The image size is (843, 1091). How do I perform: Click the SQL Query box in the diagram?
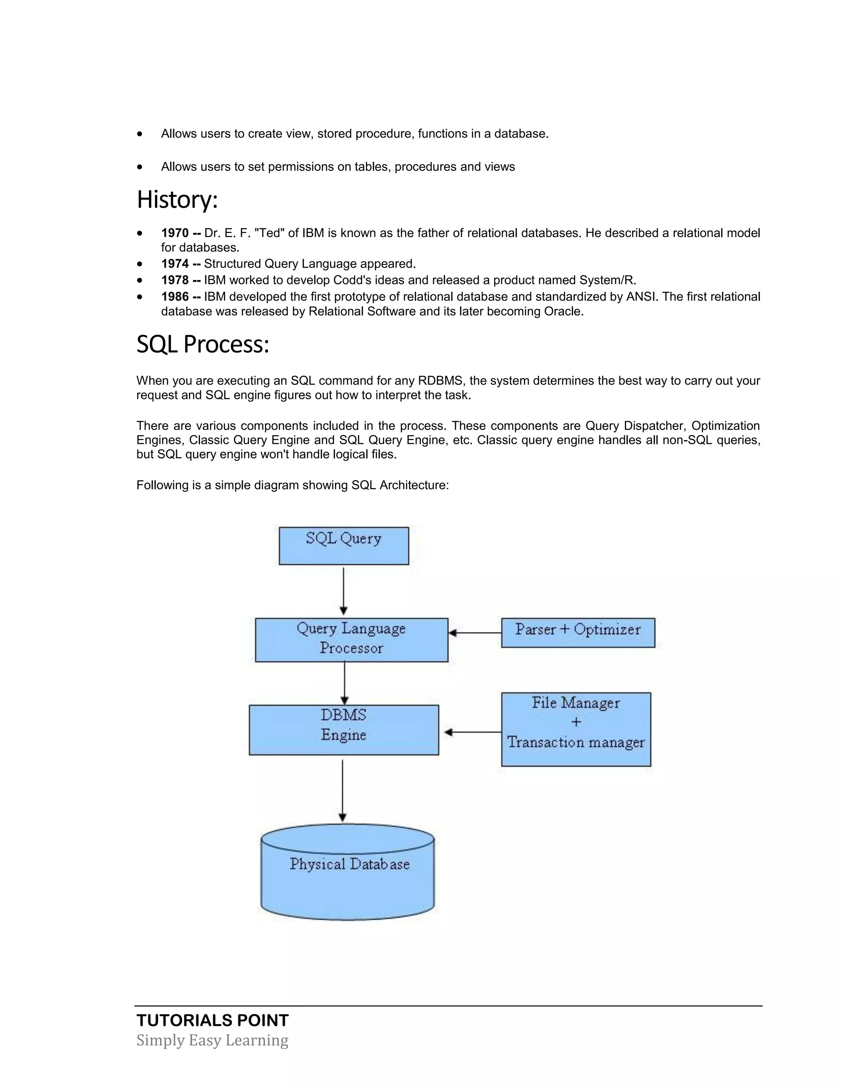point(344,545)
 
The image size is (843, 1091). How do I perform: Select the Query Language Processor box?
point(351,640)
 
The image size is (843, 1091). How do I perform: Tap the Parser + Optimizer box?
point(578,632)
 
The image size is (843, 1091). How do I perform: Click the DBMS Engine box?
point(344,730)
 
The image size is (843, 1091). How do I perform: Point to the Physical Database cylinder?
point(347,872)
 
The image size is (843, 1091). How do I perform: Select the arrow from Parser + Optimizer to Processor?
point(475,633)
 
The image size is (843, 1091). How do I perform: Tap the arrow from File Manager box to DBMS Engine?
point(472,732)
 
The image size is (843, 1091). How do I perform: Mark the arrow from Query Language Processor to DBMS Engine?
point(345,683)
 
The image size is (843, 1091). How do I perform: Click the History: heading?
point(177,199)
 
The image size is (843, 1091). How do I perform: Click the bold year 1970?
point(175,233)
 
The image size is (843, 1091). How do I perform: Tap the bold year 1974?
point(175,264)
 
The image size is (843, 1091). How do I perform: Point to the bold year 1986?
point(175,297)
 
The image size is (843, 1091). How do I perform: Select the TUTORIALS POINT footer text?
point(212,1020)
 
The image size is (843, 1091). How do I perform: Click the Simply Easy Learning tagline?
point(212,1040)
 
